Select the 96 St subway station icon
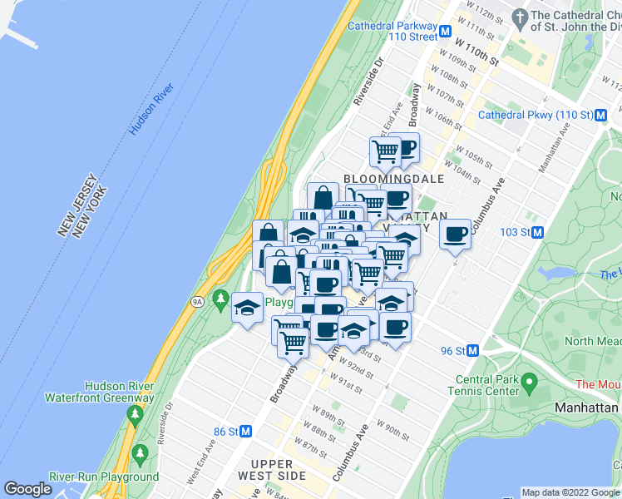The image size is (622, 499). [472, 351]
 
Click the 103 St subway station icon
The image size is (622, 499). [538, 232]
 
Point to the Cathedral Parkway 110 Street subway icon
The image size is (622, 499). [446, 32]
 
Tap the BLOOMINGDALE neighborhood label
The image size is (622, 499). [394, 179]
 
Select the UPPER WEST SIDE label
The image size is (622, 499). [272, 470]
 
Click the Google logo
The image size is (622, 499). [27, 489]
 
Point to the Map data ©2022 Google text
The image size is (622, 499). [570, 492]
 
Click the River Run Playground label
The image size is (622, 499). [116, 477]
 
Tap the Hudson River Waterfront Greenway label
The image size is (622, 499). [120, 392]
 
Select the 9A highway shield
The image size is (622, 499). [197, 301]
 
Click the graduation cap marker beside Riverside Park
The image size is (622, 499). [247, 308]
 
